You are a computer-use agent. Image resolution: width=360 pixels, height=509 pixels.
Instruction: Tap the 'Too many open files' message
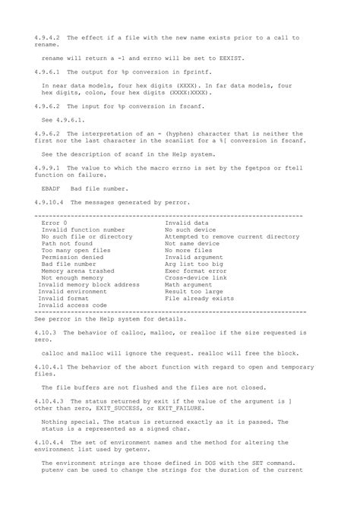[77, 250]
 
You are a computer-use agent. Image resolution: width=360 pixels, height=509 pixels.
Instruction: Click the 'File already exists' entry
[205, 299]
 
